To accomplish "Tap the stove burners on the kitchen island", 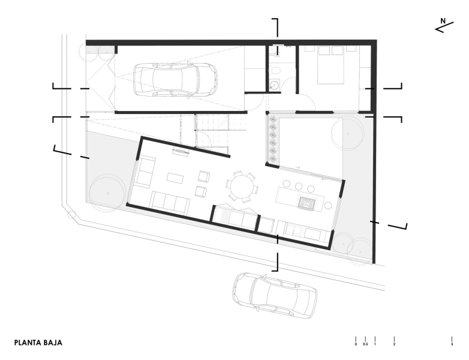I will pyautogui.click(x=307, y=203).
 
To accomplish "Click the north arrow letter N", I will pyautogui.click(x=443, y=22).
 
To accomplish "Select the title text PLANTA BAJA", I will pyautogui.click(x=38, y=343).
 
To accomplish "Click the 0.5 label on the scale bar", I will pyautogui.click(x=365, y=344).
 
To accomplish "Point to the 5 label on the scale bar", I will pyautogui.click(x=452, y=344).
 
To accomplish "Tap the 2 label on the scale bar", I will pyautogui.click(x=394, y=344).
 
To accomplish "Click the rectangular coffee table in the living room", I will pyautogui.click(x=175, y=178).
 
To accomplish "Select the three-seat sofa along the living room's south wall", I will pyautogui.click(x=170, y=202).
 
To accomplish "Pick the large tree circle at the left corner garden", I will pyautogui.click(x=106, y=193).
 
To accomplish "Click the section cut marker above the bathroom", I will pyautogui.click(x=276, y=27).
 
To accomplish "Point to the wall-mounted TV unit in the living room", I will pyautogui.click(x=180, y=152).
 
